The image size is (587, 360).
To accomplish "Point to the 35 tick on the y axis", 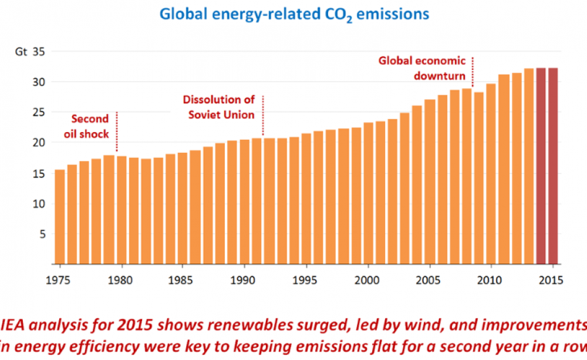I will pyautogui.click(x=39, y=51).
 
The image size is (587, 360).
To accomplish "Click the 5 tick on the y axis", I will pyautogui.click(x=42, y=234).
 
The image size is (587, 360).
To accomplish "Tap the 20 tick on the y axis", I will pyautogui.click(x=39, y=142).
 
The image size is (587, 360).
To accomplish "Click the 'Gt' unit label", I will pyautogui.click(x=21, y=51).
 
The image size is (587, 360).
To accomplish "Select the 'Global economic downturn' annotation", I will pyautogui.click(x=422, y=68).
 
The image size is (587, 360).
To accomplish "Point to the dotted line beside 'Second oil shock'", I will pyautogui.click(x=117, y=131).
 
